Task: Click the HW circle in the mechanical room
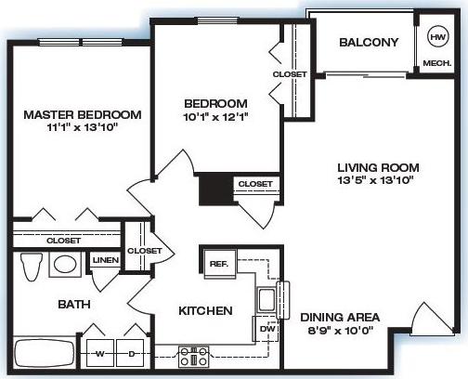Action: [436, 38]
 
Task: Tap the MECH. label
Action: [436, 64]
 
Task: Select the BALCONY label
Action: [368, 43]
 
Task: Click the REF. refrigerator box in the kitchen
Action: [219, 263]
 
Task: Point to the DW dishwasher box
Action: [265, 328]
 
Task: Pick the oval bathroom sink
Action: [64, 265]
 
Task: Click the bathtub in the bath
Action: [45, 355]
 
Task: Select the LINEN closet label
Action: [105, 260]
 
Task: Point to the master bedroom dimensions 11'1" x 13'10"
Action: [82, 129]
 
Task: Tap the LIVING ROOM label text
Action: [377, 168]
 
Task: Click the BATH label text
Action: [47, 304]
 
